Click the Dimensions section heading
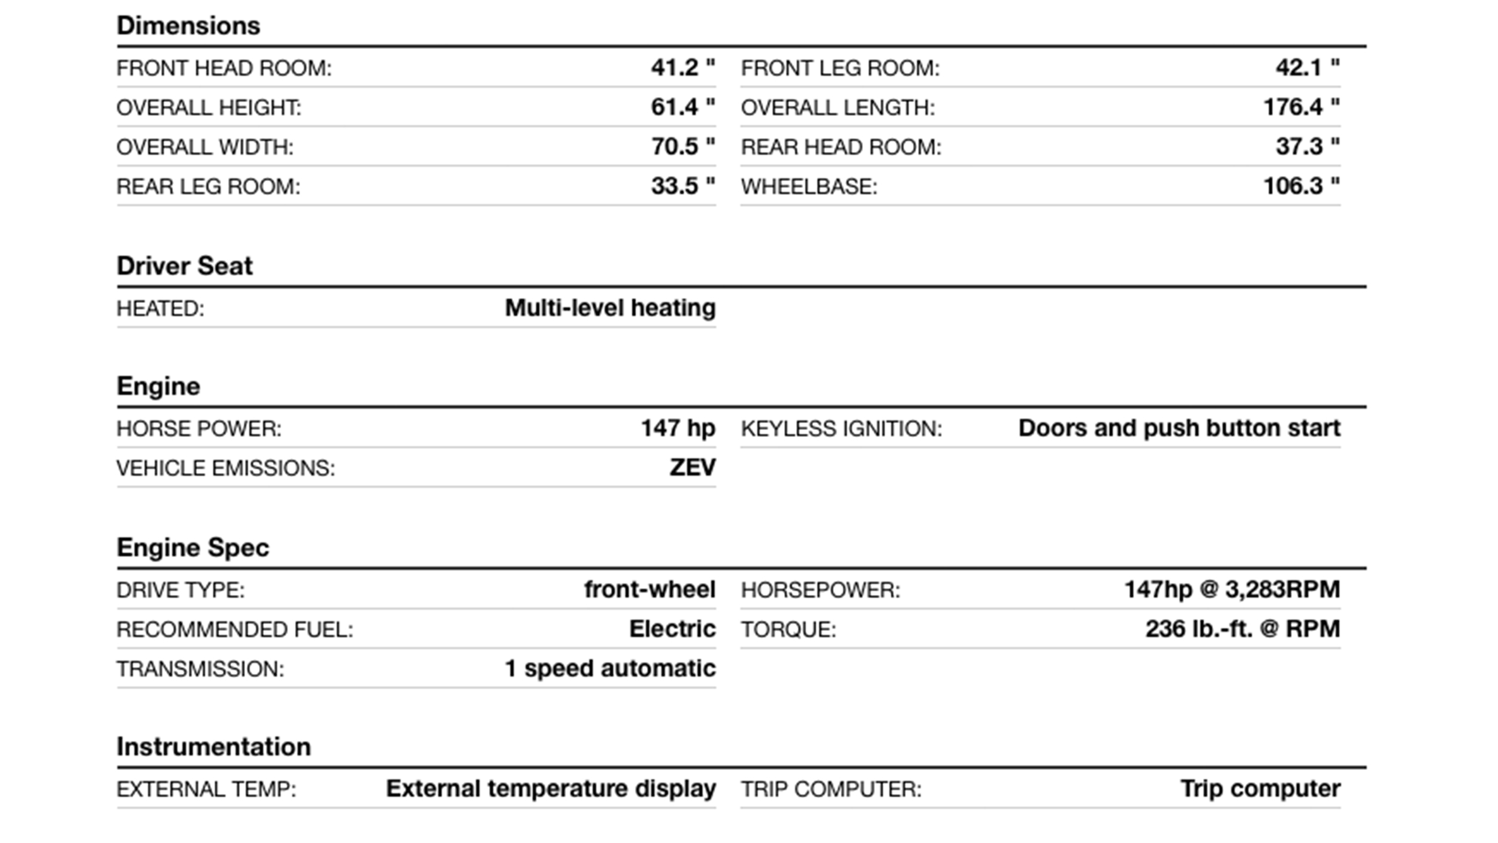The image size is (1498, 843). click(x=188, y=26)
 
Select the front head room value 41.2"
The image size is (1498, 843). click(x=682, y=68)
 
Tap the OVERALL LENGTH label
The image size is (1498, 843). click(x=837, y=108)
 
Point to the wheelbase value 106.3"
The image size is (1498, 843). click(x=1301, y=186)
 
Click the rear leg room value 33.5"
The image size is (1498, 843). click(x=682, y=186)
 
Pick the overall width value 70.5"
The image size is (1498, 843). click(x=682, y=147)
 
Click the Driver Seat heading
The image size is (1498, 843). click(x=185, y=266)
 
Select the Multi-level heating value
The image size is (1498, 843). click(x=610, y=308)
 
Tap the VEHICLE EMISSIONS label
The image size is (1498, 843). click(x=225, y=468)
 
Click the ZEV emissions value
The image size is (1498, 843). click(x=692, y=468)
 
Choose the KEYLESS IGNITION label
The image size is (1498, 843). click(x=841, y=429)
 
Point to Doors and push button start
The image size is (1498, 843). click(x=1179, y=428)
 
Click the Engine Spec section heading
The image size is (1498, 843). click(x=193, y=547)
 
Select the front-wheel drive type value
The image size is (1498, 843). click(x=650, y=589)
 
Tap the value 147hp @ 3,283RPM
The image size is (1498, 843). click(x=1231, y=589)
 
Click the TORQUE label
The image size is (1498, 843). click(x=788, y=630)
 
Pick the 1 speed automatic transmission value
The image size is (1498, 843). click(x=610, y=669)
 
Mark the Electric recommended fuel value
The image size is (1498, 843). click(x=672, y=629)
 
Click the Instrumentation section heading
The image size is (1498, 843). click(x=213, y=747)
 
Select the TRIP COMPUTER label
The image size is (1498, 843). click(x=830, y=790)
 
